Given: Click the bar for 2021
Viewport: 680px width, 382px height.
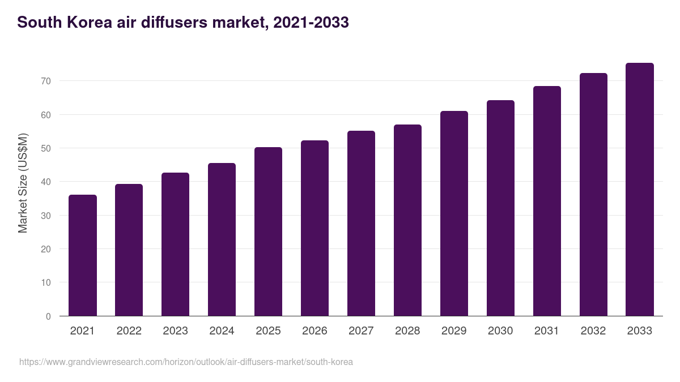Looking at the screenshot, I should point(83,255).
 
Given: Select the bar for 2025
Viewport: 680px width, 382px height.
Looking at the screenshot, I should point(268,231).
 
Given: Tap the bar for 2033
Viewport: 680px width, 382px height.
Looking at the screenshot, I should point(640,190).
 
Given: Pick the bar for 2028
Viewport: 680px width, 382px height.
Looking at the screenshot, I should point(407,220).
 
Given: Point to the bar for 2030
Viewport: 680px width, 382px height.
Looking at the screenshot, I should point(500,208).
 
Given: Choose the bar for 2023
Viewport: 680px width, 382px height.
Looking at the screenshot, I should point(175,244).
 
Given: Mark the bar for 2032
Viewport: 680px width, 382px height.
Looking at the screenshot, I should point(593,195).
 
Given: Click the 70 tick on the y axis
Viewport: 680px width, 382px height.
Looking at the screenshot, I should point(46,81).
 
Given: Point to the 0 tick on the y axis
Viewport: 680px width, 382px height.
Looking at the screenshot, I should point(48,316).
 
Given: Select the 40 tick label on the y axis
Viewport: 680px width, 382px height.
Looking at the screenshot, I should point(46,182).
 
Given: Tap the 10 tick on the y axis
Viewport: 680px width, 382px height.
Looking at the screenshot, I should point(46,283).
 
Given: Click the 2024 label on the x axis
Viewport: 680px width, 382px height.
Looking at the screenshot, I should point(222,331).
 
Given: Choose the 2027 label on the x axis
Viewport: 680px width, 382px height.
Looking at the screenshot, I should point(361,331).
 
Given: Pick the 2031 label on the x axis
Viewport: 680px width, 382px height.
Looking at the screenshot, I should point(547,331).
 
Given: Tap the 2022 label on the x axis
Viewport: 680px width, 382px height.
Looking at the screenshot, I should point(129,331).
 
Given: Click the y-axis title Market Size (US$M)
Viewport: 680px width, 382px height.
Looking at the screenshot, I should point(23,182).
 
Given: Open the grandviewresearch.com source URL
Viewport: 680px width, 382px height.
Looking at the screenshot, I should point(186,362).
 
